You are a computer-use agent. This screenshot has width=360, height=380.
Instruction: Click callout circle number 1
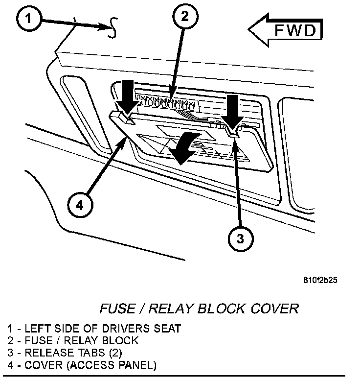29,19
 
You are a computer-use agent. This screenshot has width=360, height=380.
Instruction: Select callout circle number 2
185,17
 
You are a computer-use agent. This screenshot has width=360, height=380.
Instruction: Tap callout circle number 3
240,238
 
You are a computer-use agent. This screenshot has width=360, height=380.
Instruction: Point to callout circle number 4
80,205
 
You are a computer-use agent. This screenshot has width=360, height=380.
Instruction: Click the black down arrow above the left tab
127,97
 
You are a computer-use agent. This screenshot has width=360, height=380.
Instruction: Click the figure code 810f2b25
320,280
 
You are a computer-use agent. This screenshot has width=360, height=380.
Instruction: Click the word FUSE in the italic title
118,309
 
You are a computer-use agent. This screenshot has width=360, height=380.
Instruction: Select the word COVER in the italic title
274,309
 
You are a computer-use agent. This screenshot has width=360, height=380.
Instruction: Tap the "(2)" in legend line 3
115,353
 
